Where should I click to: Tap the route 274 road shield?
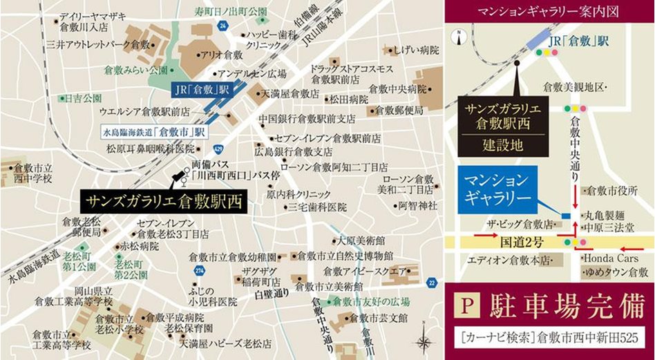point(200,270)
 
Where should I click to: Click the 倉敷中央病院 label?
point(397,89)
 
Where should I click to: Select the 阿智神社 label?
point(417,205)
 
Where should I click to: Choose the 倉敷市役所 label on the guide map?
point(611,191)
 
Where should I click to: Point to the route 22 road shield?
point(432,281)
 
